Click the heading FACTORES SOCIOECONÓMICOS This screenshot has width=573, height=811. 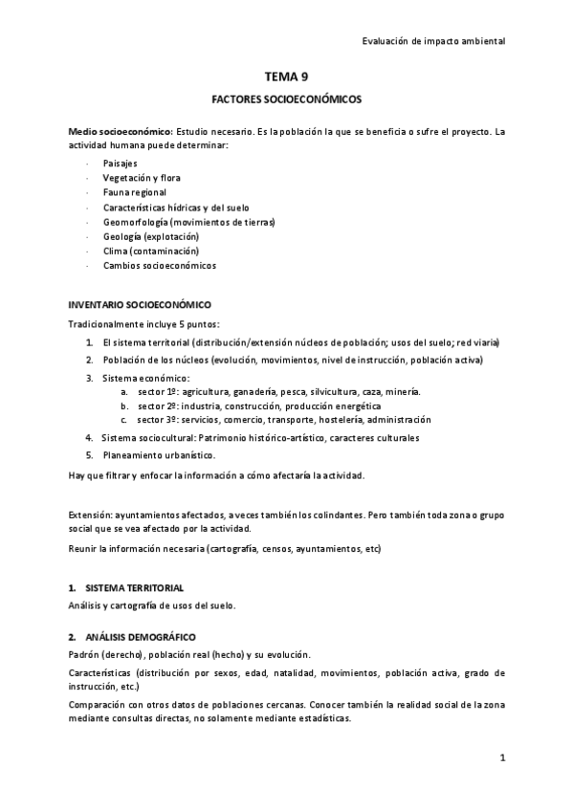(286, 99)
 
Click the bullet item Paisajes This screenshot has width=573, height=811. (121, 164)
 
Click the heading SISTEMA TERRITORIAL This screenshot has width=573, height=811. (134, 587)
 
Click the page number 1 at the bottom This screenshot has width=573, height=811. (501, 758)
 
